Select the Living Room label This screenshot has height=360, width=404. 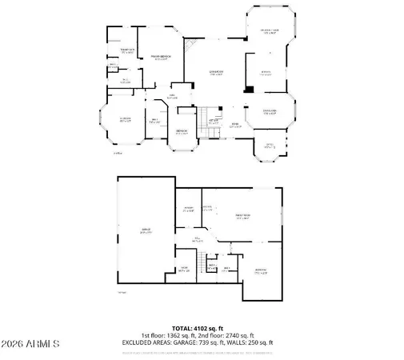pyautogui.click(x=215, y=73)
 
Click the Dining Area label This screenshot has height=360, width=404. pyautogui.click(x=270, y=111)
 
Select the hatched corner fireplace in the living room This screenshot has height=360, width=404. pyautogui.click(x=190, y=48)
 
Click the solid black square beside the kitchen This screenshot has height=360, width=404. pyautogui.click(x=250, y=88)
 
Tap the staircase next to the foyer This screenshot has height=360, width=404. pyautogui.click(x=210, y=113)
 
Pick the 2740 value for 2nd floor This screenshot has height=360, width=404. pyautogui.click(x=230, y=335)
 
